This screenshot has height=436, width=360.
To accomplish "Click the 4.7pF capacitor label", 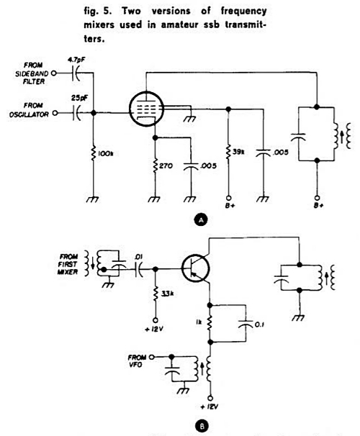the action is [76, 60].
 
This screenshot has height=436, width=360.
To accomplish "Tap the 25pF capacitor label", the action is [79, 98].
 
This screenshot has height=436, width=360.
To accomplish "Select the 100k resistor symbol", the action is [94, 153].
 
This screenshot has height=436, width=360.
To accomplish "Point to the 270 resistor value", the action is [166, 166].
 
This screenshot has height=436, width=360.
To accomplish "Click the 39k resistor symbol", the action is [228, 152].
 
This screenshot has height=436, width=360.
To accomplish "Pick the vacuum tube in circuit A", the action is [147, 109].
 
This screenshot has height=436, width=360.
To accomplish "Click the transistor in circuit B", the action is [196, 268].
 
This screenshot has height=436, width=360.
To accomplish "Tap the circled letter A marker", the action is [202, 219].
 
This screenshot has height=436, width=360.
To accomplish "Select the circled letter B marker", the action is [202, 426].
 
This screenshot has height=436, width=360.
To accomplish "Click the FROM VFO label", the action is [137, 360].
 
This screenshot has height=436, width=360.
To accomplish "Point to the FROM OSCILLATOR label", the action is [29, 110].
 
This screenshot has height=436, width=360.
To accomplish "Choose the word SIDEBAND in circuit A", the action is [32, 73].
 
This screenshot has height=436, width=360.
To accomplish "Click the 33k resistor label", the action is [167, 294].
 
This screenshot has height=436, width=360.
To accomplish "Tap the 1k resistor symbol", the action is [210, 323].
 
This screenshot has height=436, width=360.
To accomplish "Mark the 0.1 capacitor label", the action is [258, 324].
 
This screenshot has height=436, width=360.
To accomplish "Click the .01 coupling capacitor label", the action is [138, 258].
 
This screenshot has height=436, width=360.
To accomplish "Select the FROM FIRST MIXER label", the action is [68, 264].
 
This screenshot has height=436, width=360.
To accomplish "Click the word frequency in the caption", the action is [243, 12].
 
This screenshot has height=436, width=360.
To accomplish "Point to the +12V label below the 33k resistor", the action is [154, 330].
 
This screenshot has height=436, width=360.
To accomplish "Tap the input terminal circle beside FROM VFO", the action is [152, 357].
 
